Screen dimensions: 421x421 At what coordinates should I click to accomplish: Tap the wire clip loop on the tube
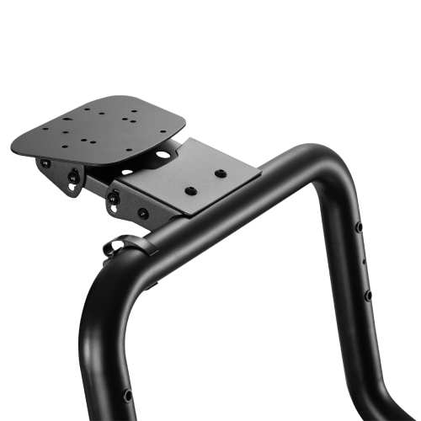(116, 246)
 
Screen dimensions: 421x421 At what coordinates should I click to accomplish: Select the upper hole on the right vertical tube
(360, 228)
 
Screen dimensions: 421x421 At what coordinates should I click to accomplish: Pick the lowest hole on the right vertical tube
(366, 296)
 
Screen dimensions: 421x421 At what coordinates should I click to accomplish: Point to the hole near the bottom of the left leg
(128, 395)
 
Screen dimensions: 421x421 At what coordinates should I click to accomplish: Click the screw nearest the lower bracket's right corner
(221, 173)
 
